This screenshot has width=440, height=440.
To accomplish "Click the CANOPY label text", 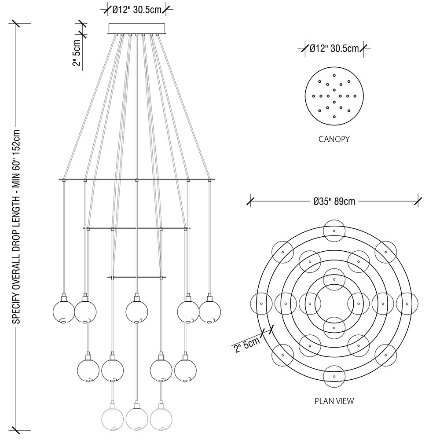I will point(334,139).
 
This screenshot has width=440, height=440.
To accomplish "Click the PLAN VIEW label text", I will point(334,401).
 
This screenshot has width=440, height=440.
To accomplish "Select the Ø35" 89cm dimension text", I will point(334,202).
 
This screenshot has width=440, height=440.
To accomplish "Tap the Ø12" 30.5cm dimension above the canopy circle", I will point(334,49).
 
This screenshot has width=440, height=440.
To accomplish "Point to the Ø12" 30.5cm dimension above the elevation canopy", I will point(136,10).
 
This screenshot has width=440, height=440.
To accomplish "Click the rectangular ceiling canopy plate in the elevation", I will point(136,29).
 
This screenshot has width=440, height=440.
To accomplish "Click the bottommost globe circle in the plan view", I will point(334,377).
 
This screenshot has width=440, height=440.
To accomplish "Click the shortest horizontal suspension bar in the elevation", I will point(136,277).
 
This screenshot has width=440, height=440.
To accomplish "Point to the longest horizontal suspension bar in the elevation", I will point(136,180).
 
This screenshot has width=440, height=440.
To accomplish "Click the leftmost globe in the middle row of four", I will point(88,370).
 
